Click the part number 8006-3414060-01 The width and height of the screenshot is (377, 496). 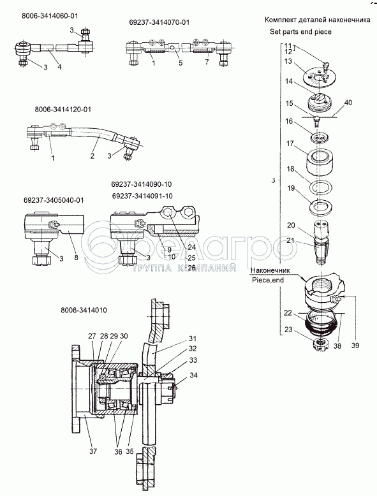click(50, 16)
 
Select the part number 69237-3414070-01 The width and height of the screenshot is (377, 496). click(159, 22)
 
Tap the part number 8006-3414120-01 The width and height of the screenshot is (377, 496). click(63, 110)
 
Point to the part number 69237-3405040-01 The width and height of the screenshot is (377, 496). click(54, 200)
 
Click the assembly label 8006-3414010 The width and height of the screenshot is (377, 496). click(84, 310)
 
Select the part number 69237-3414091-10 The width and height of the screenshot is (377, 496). click(142, 196)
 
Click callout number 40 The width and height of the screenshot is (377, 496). click(348, 103)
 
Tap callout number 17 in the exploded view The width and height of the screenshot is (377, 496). click(290, 143)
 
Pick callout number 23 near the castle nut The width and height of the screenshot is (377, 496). click(288, 330)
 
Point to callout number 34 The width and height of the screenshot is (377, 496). click(194, 375)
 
